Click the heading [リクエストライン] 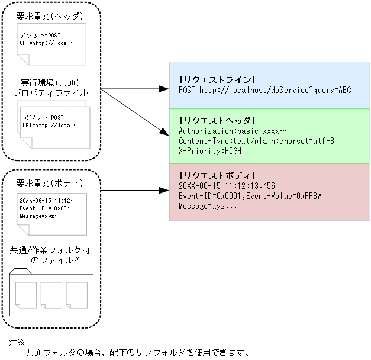click(216, 79)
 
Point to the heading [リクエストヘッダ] click(216, 120)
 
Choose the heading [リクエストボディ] click(216, 176)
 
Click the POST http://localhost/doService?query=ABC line click(264, 89)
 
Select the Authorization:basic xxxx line click(232, 131)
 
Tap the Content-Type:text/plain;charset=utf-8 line click(256, 141)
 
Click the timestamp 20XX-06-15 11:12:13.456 click(227, 186)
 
